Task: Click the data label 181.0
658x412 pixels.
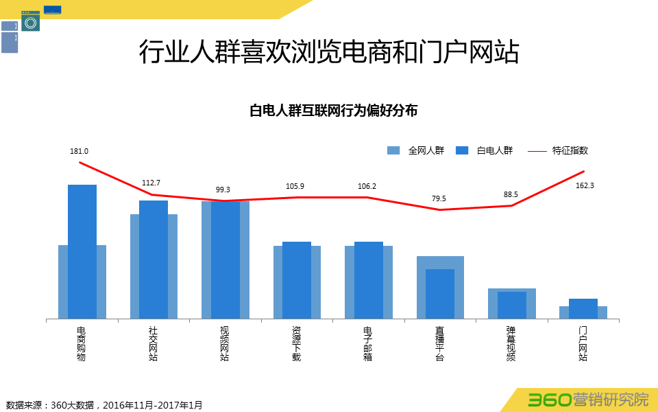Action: tap(80, 151)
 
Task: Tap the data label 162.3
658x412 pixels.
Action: tap(584, 185)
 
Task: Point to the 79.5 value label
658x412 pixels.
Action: tap(439, 198)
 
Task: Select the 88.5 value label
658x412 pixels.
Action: tap(511, 194)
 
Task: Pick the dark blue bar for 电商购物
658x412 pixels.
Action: tap(82, 251)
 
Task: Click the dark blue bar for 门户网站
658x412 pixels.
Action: tap(583, 308)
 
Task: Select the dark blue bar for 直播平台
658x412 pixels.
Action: tap(440, 293)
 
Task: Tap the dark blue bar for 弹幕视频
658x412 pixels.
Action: tap(512, 305)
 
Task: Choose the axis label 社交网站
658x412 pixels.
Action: tap(154, 343)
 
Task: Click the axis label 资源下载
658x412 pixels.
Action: tap(296, 343)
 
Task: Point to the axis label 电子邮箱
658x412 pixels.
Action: tap(368, 343)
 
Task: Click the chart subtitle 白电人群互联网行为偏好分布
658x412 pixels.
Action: tap(333, 111)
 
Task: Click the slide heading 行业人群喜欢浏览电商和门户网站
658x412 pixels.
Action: tap(329, 52)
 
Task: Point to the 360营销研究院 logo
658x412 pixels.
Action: tap(587, 399)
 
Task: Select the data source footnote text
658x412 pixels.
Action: tap(104, 405)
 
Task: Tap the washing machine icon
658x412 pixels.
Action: tap(30, 21)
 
